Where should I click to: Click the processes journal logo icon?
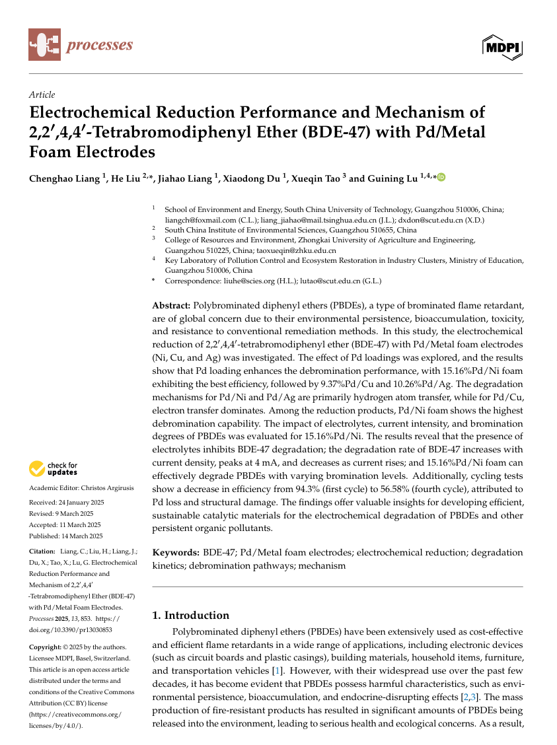point(44,45)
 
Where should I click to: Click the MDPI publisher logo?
point(503,47)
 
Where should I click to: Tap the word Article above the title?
point(42,94)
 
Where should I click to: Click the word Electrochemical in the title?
point(91,113)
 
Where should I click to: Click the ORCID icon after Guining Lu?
point(441,177)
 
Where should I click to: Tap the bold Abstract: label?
point(171,305)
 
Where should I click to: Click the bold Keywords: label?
point(176,552)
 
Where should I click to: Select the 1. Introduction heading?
point(191,615)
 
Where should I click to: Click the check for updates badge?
point(54,469)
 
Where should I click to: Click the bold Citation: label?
point(42,551)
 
